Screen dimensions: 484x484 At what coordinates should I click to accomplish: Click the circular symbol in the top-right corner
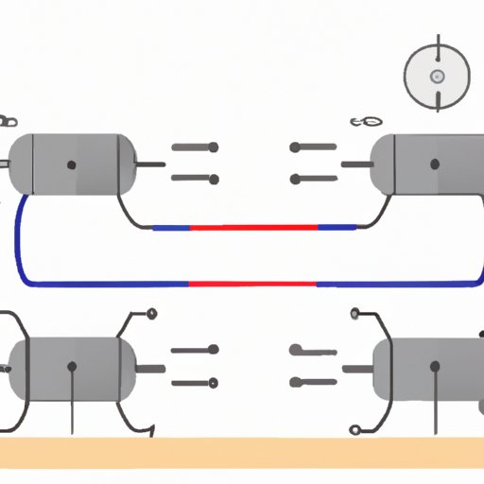[x=437, y=77]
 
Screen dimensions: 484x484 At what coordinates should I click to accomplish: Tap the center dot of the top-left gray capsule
[x=72, y=164]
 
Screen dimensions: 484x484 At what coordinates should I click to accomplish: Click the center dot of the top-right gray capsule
[x=434, y=164]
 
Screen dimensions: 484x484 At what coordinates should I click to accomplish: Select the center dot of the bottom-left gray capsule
[x=72, y=365]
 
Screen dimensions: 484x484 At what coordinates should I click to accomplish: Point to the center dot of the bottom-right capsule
[x=434, y=366]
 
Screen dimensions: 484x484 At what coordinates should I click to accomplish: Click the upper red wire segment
[x=254, y=228]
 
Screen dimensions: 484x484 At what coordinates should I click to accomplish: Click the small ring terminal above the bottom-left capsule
[x=151, y=314]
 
